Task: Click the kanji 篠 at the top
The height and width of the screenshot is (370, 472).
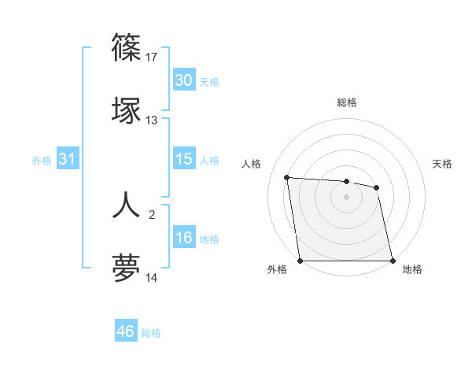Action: (x=127, y=48)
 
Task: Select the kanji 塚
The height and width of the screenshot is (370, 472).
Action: (x=127, y=111)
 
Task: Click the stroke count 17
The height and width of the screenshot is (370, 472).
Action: (x=153, y=57)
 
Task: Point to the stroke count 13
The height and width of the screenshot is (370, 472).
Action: (x=152, y=120)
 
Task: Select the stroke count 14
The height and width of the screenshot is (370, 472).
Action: (x=152, y=278)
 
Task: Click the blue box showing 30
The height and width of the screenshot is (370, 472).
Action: (x=183, y=80)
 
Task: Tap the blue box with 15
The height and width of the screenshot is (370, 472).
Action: (x=183, y=159)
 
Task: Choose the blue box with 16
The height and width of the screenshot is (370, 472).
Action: (x=183, y=238)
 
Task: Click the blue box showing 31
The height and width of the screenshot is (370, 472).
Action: (x=67, y=159)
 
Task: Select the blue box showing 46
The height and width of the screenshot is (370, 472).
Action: (x=125, y=331)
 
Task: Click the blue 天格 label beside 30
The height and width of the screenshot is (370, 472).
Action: (x=209, y=81)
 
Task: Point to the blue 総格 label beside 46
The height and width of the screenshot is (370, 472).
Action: (x=151, y=332)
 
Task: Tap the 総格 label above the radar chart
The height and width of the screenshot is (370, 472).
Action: (x=347, y=102)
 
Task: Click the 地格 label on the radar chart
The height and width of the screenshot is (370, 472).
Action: (x=412, y=269)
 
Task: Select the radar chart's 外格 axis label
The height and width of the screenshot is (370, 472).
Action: (x=277, y=269)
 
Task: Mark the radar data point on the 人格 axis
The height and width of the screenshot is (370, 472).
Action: (x=287, y=177)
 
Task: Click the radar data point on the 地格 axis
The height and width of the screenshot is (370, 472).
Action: (x=393, y=261)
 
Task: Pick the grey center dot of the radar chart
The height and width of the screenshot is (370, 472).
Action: (x=347, y=197)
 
